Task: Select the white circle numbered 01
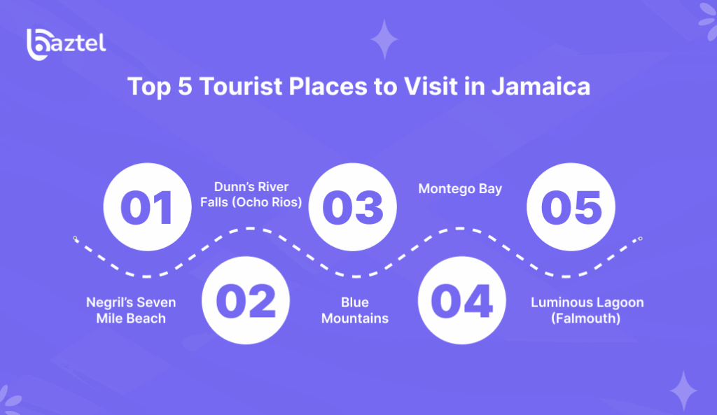click(147, 207)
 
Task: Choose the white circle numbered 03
click(353, 207)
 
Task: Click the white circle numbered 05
click(571, 207)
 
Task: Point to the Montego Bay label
click(460, 189)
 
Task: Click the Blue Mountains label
click(355, 310)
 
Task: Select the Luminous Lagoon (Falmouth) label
click(587, 310)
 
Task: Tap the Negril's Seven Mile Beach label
click(131, 310)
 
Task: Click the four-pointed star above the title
click(384, 39)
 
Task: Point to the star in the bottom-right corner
click(683, 391)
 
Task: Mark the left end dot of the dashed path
click(76, 239)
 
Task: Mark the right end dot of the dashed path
click(639, 239)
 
